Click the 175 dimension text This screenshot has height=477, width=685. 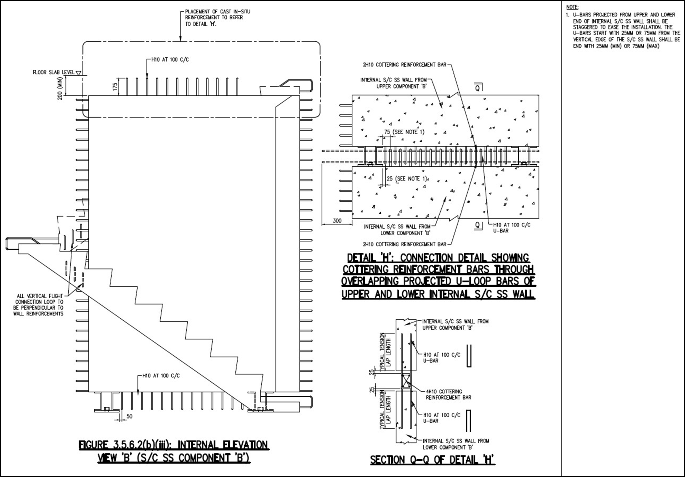tap(115, 87)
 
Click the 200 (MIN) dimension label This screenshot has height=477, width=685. tap(60, 88)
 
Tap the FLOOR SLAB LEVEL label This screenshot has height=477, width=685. tap(54, 72)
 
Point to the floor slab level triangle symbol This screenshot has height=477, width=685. tap(78, 72)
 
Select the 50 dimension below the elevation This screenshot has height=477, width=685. tap(130, 416)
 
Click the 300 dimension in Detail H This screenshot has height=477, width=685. tap(337, 221)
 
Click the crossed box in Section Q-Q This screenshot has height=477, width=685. tap(406, 381)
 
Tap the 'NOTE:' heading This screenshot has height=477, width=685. tap(572, 7)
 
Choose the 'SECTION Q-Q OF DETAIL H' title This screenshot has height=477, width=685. tap(433, 460)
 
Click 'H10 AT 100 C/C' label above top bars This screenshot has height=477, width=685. tap(170, 60)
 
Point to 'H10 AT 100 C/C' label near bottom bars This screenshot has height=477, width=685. tap(161, 376)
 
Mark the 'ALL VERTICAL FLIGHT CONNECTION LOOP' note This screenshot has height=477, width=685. tap(38, 305)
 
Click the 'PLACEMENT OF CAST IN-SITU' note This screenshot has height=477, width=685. tap(218, 18)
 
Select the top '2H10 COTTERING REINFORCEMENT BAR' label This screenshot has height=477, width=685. tap(405, 65)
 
